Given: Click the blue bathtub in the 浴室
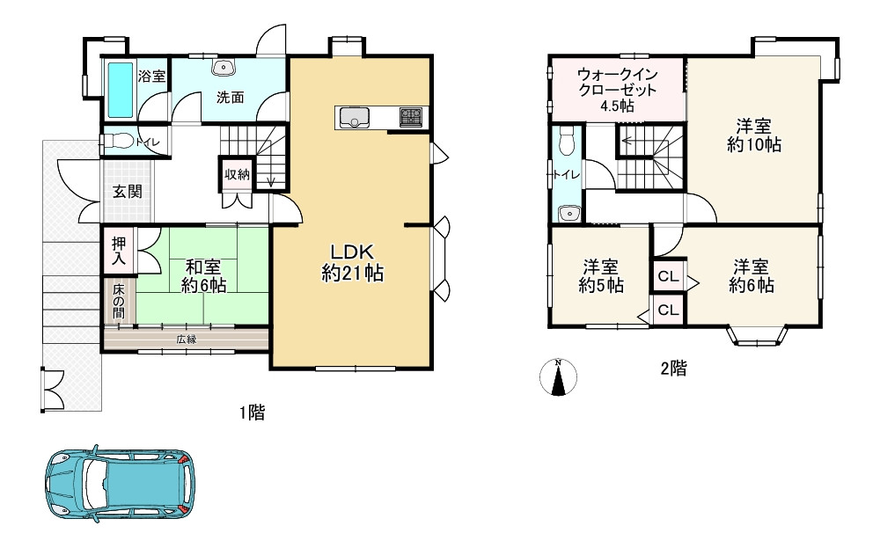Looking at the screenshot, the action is pyautogui.click(x=121, y=90).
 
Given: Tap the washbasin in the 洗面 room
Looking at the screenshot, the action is pyautogui.click(x=223, y=68).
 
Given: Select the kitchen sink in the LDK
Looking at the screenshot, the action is pyautogui.click(x=352, y=118).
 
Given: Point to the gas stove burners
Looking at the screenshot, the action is pyautogui.click(x=410, y=117).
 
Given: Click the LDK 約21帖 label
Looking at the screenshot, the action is pyautogui.click(x=353, y=262).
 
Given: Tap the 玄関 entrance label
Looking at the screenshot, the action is pyautogui.click(x=128, y=191).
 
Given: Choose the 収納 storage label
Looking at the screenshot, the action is pyautogui.click(x=237, y=174).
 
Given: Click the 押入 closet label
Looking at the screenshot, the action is pyautogui.click(x=119, y=251).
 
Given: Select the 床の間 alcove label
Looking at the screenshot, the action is pyautogui.click(x=119, y=301).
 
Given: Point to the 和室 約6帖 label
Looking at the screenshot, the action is pyautogui.click(x=203, y=276).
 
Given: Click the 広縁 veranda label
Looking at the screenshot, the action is pyautogui.click(x=187, y=340).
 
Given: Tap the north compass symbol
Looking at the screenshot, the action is pyautogui.click(x=558, y=377).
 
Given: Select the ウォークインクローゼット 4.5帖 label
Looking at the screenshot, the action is pyautogui.click(x=618, y=90).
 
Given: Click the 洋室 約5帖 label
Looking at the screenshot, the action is pyautogui.click(x=600, y=276).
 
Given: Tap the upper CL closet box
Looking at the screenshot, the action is pyautogui.click(x=669, y=276).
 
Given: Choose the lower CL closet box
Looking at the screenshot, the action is pyautogui.click(x=669, y=310).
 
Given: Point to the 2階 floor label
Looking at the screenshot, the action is pyautogui.click(x=673, y=369).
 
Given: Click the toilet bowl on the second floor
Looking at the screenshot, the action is pyautogui.click(x=568, y=140).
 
